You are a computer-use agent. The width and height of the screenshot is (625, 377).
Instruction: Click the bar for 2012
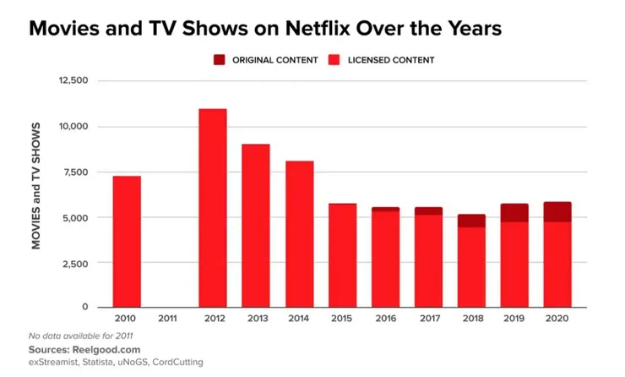[213, 207]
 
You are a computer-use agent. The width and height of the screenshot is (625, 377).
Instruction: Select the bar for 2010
[126, 241]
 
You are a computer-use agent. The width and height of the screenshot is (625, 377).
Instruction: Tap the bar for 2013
[256, 225]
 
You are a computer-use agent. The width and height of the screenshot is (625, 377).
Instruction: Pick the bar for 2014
[299, 233]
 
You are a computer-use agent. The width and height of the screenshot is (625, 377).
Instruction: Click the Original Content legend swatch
[220, 60]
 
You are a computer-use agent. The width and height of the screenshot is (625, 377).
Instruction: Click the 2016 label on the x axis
[386, 319]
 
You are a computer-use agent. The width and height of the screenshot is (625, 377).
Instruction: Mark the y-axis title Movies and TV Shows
[36, 186]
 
